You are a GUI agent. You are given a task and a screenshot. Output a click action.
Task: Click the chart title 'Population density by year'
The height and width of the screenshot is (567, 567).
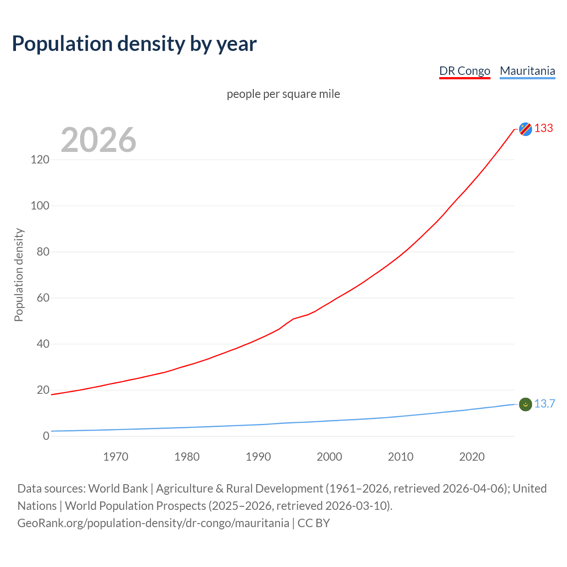134,44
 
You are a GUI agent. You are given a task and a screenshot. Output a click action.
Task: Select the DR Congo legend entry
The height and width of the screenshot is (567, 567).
465,71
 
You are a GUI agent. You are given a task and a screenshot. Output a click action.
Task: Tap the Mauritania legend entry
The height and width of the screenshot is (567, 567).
527,71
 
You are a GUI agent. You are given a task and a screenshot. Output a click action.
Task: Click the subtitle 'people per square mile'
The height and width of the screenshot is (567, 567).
283,94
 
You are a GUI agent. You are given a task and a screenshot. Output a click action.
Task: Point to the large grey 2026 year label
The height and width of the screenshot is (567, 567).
98,140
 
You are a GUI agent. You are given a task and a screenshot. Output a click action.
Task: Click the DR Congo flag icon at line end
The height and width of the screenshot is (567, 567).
525,129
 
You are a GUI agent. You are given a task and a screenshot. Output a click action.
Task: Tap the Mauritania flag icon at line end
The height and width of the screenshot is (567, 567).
525,404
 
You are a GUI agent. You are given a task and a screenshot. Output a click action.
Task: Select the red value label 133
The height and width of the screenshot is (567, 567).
544,128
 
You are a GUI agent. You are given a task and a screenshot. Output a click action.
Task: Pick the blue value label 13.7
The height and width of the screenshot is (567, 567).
544,404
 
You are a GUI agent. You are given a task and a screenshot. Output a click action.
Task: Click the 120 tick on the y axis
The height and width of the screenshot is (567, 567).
40,159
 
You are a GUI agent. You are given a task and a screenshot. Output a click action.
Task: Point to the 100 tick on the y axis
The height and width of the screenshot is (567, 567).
40,206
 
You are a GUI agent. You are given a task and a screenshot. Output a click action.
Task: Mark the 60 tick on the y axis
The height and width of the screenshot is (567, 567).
43,298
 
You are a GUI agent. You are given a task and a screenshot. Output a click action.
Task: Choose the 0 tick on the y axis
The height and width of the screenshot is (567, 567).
46,436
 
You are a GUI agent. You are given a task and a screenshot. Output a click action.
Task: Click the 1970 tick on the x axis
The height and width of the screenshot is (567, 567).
116,457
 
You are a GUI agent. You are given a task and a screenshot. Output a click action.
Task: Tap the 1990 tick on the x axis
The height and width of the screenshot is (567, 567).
258,457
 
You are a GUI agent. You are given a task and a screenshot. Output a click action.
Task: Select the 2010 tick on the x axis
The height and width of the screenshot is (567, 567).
400,457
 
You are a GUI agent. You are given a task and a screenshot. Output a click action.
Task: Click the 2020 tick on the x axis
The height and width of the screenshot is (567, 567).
472,457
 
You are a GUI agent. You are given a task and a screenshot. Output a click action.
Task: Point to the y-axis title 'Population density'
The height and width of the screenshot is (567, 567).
19,275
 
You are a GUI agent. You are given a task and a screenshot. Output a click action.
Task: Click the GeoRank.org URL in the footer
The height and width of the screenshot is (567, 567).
153,523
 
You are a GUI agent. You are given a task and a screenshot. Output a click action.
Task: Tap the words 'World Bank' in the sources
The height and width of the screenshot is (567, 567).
118,489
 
